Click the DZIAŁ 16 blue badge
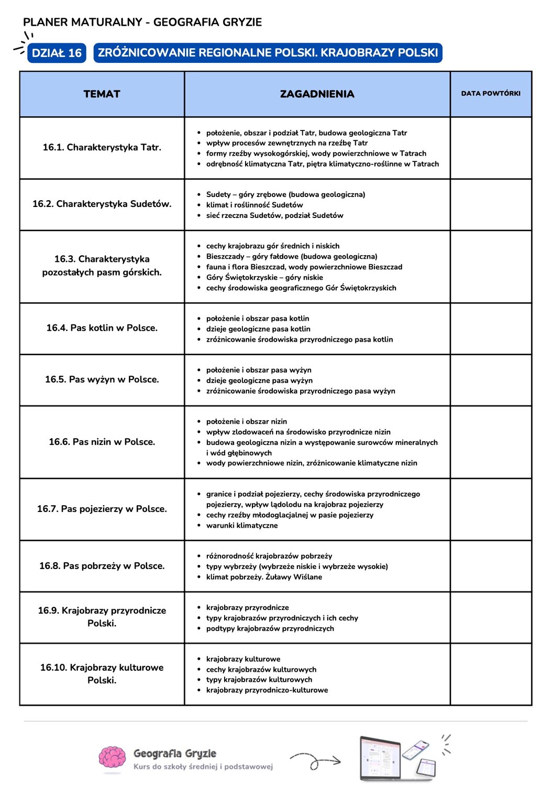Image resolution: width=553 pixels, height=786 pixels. [57, 53]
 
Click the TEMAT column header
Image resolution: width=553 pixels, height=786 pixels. [102, 94]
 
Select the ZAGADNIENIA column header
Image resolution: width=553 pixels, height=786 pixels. [317, 94]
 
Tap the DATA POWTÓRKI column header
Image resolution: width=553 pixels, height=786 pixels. [491, 93]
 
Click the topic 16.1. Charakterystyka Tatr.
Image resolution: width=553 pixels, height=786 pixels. [102, 147]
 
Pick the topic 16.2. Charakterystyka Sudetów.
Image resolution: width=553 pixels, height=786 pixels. [102, 204]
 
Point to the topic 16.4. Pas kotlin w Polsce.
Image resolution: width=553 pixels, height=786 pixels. [102, 327]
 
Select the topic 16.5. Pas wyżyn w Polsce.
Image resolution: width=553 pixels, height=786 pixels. [102, 379]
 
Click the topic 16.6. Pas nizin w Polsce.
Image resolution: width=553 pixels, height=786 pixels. [102, 442]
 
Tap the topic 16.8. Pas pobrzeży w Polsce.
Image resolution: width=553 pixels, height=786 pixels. [102, 566]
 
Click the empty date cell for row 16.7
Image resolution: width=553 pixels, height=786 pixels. [491, 509]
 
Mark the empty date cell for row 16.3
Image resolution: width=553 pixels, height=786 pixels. [491, 267]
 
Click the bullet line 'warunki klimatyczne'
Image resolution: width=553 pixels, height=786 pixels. [242, 526]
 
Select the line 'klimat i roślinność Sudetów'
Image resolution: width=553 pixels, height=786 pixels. [255, 205]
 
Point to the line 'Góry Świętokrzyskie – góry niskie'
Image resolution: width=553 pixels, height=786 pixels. [264, 277]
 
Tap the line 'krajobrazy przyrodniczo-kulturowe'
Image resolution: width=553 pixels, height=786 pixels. [267, 690]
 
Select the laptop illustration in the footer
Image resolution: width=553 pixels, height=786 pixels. [381, 758]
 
